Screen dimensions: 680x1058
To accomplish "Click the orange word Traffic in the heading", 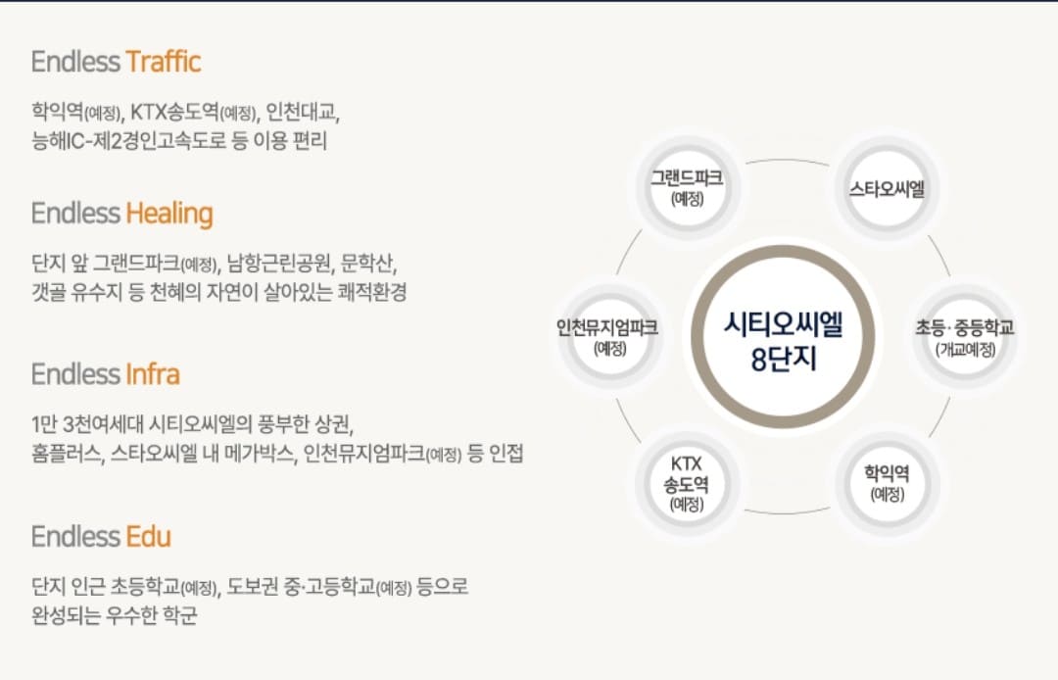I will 163,62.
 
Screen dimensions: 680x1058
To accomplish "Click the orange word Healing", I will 168,213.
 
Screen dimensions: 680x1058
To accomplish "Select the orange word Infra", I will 152,374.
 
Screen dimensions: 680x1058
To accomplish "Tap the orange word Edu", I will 148,536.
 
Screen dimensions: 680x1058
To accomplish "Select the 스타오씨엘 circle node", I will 887,187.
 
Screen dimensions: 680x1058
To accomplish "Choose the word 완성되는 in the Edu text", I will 67,616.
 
